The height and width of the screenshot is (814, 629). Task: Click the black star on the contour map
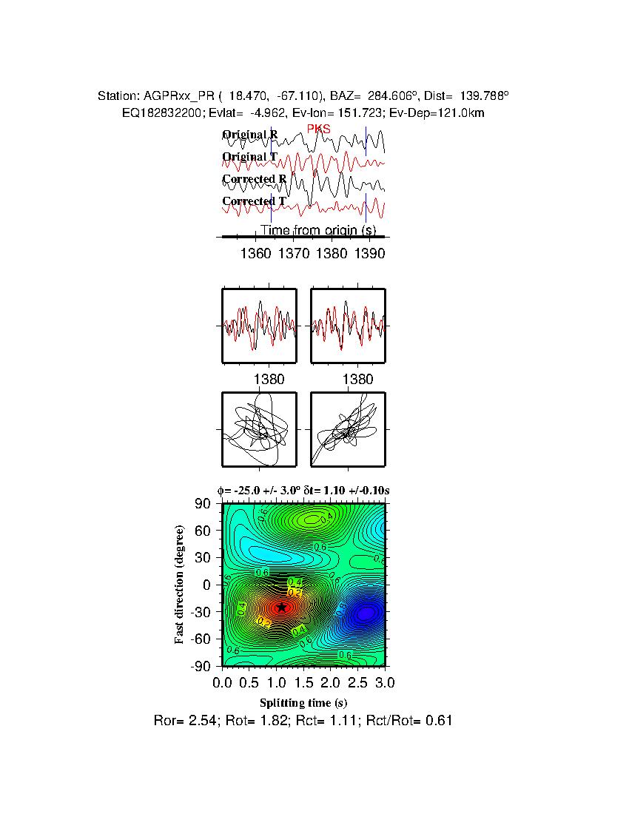[x=281, y=607]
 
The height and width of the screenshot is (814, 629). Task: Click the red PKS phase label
[x=319, y=129]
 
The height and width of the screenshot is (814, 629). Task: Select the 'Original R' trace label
[x=250, y=135]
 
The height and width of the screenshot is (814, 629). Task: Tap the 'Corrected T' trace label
[x=254, y=201]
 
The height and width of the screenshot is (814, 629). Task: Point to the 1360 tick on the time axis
[x=256, y=253]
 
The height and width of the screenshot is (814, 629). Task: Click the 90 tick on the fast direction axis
[x=205, y=504]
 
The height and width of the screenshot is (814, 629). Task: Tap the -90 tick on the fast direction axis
[x=202, y=667]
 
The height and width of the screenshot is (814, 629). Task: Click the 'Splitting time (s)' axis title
[x=303, y=702]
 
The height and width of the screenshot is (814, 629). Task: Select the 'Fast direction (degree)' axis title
[x=180, y=585]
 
